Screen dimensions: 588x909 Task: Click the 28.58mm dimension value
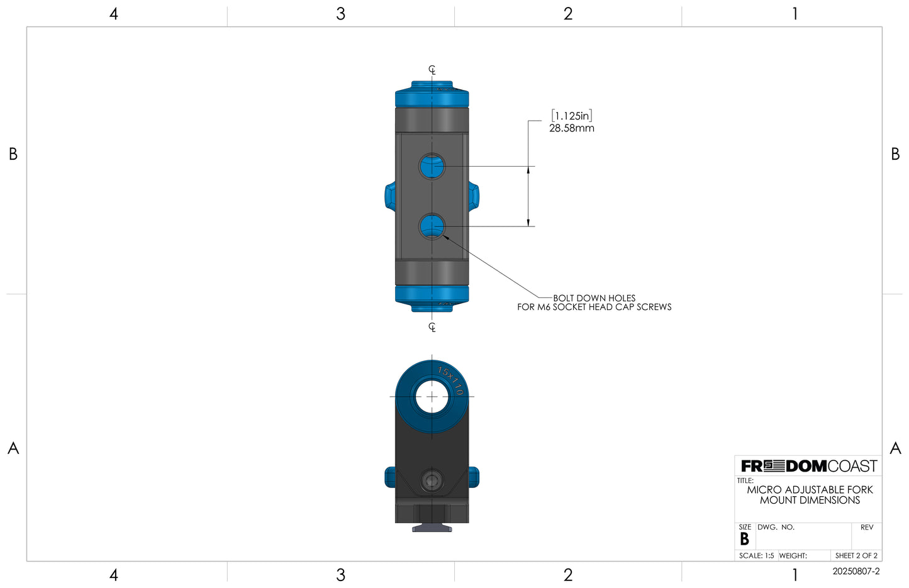point(571,128)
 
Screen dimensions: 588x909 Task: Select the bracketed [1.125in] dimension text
point(571,116)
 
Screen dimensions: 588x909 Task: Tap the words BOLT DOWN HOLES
point(594,298)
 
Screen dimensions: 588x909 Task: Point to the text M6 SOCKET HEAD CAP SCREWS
point(604,307)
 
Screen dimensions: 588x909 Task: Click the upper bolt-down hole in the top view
point(432,166)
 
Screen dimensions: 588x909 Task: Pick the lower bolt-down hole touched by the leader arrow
point(432,226)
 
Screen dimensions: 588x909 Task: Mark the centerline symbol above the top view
point(432,70)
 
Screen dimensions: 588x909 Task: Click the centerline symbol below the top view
point(432,326)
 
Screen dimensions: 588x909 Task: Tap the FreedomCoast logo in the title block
point(808,466)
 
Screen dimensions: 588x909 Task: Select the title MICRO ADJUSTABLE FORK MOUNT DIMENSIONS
point(810,495)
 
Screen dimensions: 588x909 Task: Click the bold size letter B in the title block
point(744,540)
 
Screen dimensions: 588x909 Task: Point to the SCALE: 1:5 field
point(756,556)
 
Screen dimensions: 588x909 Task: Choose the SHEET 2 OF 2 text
point(856,556)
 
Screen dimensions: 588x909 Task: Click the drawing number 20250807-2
point(856,572)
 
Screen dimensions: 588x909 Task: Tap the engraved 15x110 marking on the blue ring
point(450,380)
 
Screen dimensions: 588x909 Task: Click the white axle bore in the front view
point(432,397)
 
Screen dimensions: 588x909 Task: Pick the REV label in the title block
point(867,528)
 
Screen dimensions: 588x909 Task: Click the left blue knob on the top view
point(389,196)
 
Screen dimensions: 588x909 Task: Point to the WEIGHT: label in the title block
point(793,556)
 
